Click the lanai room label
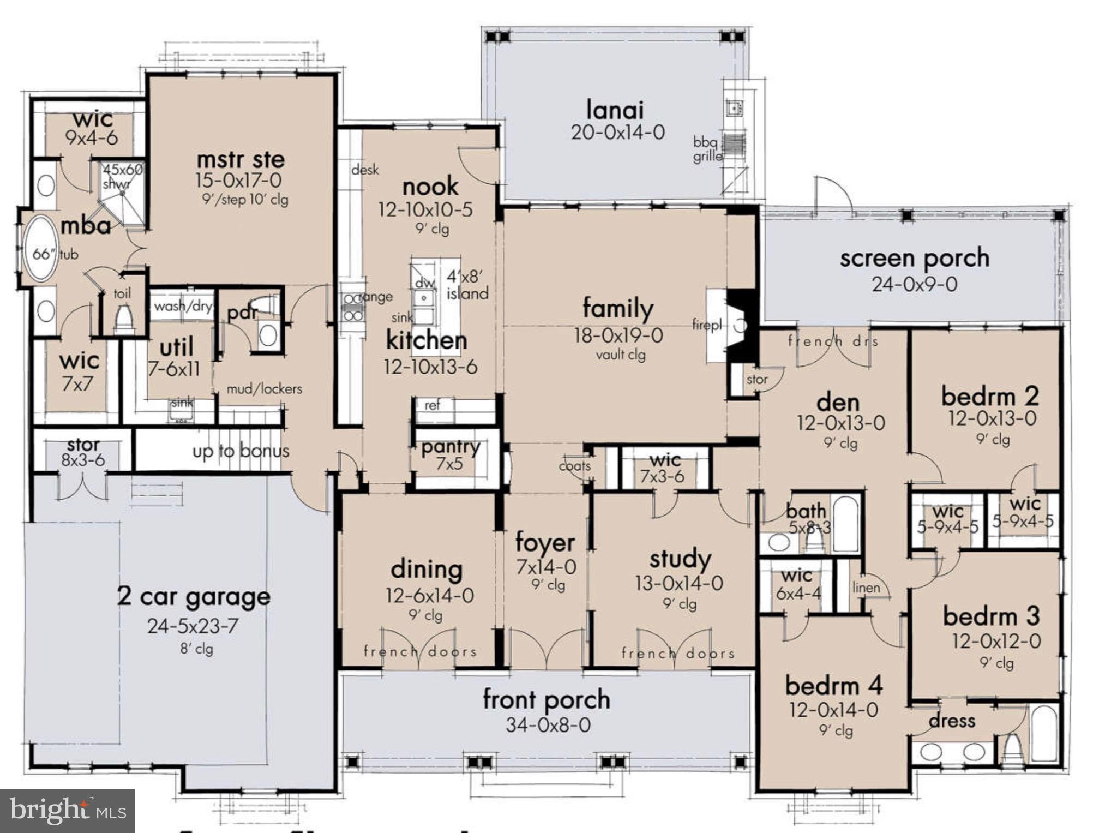[615, 110]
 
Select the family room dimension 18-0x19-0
[618, 335]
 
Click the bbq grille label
[707, 148]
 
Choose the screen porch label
[914, 258]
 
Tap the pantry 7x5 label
[450, 454]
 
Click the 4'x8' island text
[467, 284]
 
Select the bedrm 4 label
[833, 686]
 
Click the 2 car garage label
[194, 596]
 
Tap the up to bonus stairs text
[241, 451]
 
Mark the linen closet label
[866, 588]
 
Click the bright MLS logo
[67, 811]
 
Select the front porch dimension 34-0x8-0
[548, 725]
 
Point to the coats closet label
[574, 466]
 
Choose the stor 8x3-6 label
[83, 452]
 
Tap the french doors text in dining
[420, 651]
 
